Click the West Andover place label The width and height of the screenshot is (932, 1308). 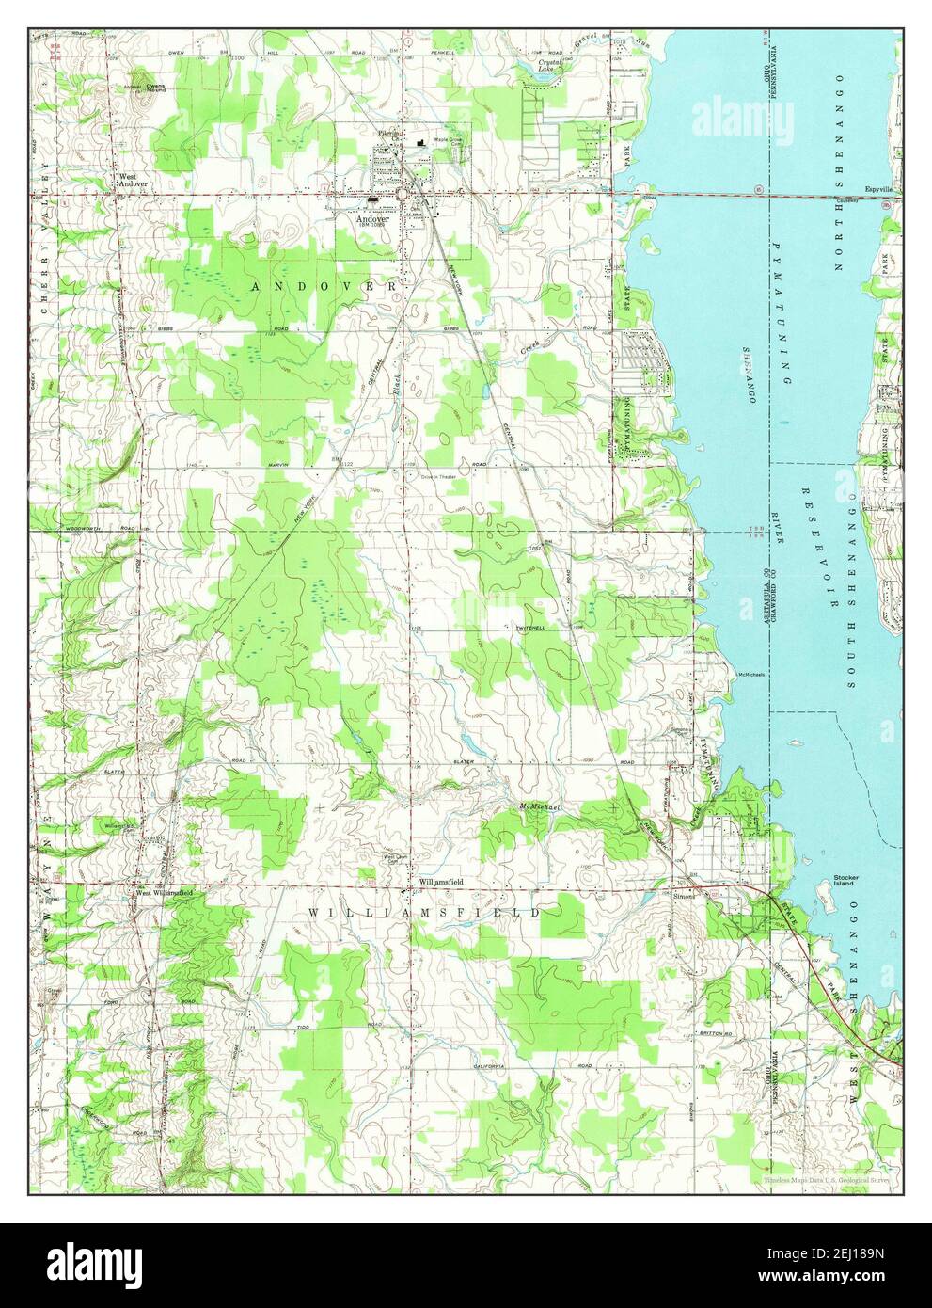132,179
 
